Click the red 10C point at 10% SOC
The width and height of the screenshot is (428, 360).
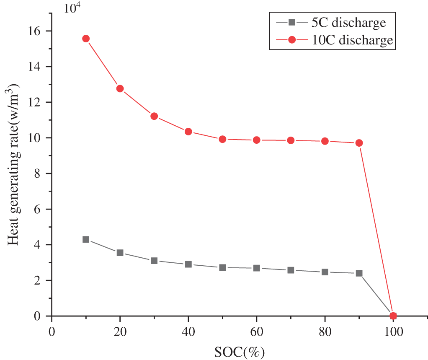(86, 39)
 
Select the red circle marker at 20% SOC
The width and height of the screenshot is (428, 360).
(120, 88)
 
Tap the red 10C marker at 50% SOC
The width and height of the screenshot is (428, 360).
(222, 139)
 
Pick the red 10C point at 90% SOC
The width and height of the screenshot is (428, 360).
(359, 143)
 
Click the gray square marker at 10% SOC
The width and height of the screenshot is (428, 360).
(86, 239)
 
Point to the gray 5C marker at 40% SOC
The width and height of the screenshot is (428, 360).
(188, 264)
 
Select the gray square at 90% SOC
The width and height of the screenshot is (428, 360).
(359, 273)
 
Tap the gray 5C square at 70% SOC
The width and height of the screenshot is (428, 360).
(291, 270)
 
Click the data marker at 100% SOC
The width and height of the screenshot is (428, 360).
(393, 316)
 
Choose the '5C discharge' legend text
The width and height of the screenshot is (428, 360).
(348, 22)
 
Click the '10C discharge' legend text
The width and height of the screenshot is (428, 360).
(352, 40)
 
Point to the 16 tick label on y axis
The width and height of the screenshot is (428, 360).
(36, 31)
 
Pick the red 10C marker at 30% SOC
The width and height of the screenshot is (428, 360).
(154, 116)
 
